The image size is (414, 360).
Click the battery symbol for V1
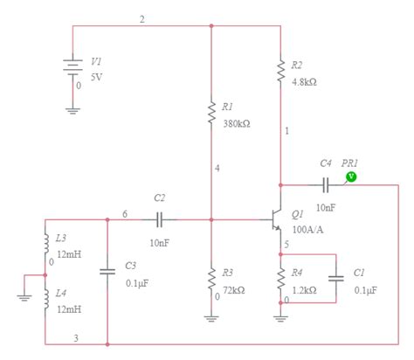tap(72, 69)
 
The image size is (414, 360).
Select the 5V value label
tap(96, 77)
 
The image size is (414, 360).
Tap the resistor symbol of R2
tap(280, 73)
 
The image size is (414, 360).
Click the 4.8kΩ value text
tap(304, 81)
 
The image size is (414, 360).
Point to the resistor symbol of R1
tap(211, 113)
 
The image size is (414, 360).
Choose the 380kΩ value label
tap(236, 123)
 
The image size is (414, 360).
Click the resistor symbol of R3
tap(211, 278)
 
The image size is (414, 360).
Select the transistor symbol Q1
tap(273, 219)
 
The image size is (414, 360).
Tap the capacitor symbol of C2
tap(160, 219)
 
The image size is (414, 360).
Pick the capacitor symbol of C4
tap(325, 184)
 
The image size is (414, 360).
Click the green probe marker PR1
tap(351, 177)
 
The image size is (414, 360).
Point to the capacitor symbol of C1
tap(336, 278)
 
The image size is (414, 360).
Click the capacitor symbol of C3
tap(107, 271)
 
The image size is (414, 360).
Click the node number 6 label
tap(125, 213)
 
